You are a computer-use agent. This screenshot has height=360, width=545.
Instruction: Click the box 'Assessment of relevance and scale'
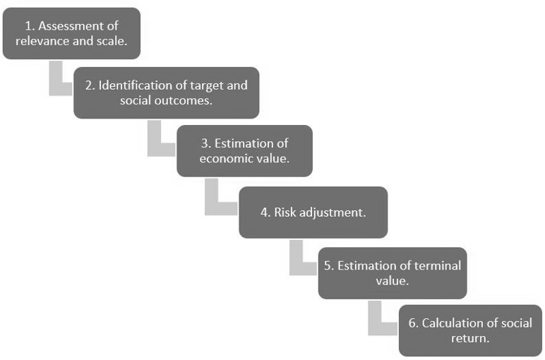(71, 33)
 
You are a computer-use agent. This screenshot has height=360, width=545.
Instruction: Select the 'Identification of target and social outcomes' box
(166, 93)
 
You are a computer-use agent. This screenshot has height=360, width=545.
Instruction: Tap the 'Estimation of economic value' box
(244, 151)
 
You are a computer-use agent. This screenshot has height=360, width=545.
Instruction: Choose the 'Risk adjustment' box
(313, 212)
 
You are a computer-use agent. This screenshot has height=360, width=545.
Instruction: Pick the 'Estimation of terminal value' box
(392, 273)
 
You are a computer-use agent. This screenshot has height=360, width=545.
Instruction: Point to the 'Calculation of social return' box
(470, 330)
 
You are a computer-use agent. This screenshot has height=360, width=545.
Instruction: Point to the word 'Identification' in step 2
(134, 85)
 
